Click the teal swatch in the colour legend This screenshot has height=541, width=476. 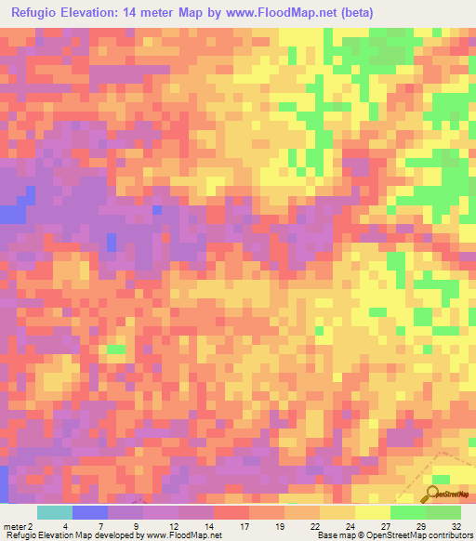54,512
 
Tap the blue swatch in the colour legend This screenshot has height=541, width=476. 89,512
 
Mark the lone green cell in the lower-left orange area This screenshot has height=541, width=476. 115,350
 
